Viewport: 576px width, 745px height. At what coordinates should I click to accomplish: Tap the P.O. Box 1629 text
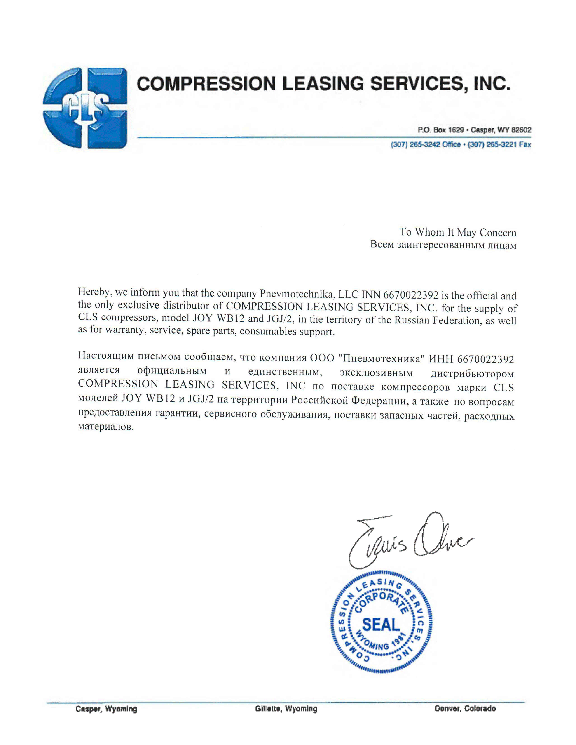441,130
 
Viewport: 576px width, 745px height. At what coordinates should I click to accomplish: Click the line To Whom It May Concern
458,233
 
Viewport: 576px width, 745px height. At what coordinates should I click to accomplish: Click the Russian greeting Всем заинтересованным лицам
443,245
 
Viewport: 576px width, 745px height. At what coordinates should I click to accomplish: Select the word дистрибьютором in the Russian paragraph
472,374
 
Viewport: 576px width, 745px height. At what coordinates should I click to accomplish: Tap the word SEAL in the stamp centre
380,624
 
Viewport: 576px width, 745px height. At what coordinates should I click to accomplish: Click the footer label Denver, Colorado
465,709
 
